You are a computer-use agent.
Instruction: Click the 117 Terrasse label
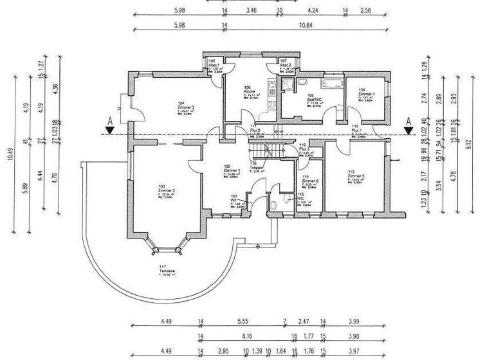point(169,269)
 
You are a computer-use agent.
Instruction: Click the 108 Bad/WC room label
point(314,98)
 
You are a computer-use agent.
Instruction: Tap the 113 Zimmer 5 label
point(356,176)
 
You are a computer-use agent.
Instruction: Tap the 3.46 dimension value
point(252,11)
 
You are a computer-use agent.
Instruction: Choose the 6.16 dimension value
point(247,336)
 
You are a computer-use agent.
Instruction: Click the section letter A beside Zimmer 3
point(110,121)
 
